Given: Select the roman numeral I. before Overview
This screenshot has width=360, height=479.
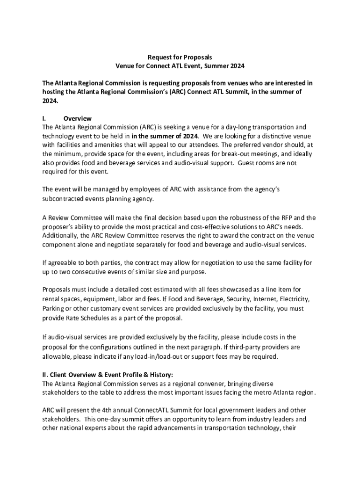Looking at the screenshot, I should tap(45, 118).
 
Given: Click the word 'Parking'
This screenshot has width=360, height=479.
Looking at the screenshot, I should tap(54, 309).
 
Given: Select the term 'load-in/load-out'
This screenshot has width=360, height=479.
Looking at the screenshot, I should tap(180, 356).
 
